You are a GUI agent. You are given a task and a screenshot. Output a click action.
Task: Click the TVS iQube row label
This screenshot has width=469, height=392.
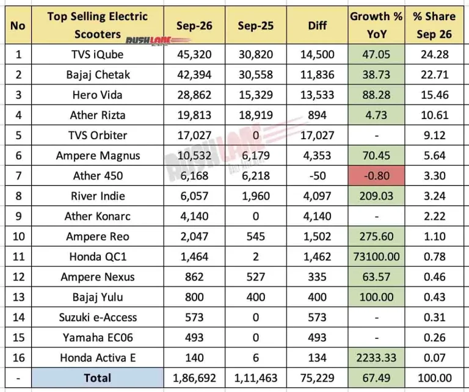(x=97, y=54)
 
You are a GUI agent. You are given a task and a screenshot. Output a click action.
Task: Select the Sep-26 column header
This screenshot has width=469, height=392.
(x=194, y=26)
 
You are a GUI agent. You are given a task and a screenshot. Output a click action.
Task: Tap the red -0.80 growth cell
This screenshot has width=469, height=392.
(x=376, y=175)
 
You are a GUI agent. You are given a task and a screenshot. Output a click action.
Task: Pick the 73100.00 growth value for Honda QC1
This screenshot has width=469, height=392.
(x=376, y=256)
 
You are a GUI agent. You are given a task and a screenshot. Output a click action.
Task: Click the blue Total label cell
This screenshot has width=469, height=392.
(x=98, y=377)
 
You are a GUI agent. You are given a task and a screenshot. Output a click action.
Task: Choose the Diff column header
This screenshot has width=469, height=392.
(x=317, y=26)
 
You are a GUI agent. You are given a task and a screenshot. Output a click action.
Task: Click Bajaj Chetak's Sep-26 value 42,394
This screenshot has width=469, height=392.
(x=194, y=74)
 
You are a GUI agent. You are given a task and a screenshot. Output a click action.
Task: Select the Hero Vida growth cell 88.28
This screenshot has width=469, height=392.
(x=376, y=95)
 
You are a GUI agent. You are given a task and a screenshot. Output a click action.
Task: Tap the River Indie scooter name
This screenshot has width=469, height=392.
(x=98, y=196)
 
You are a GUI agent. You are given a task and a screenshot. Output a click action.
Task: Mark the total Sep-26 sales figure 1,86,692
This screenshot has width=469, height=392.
(x=194, y=378)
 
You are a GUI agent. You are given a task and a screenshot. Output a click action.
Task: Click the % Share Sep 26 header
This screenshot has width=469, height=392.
(x=434, y=26)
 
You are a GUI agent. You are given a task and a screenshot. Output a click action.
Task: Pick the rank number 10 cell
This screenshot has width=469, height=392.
(x=18, y=236)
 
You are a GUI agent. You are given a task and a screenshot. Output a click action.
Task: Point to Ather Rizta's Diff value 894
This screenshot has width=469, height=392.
(x=317, y=115)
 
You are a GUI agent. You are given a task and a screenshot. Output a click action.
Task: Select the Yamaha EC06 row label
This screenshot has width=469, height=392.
(x=98, y=338)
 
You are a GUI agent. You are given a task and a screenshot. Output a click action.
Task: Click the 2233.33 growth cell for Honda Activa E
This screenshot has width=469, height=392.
(x=376, y=358)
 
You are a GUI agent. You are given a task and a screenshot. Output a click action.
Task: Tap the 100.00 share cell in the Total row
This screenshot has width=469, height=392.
(x=435, y=378)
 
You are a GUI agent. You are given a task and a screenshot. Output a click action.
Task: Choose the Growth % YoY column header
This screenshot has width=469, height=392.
(x=376, y=26)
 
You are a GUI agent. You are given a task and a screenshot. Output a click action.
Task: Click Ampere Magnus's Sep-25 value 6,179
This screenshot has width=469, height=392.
(x=256, y=156)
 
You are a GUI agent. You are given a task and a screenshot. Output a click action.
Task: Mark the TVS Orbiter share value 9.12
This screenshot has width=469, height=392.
(x=435, y=135)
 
